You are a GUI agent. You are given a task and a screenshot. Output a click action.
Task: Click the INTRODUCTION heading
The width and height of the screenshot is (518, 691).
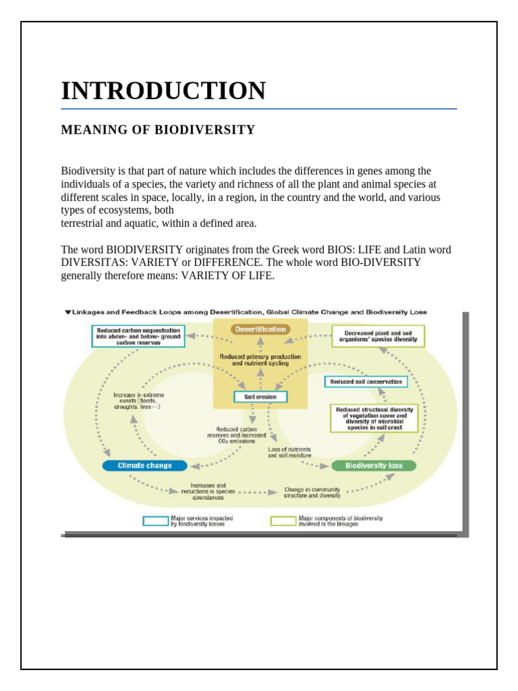(163, 90)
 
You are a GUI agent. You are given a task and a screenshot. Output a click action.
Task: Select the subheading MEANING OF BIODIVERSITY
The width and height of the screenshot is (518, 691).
(158, 130)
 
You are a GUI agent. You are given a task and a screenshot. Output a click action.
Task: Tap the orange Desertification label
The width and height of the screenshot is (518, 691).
(260, 329)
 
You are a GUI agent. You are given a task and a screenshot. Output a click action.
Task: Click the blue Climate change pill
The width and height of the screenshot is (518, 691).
(144, 465)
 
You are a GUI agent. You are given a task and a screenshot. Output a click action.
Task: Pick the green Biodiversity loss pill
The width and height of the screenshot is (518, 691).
(374, 465)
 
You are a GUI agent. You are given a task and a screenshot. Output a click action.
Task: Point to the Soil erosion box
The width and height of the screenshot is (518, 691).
(260, 397)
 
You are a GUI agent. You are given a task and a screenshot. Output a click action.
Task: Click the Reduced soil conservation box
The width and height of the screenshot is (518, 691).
(366, 381)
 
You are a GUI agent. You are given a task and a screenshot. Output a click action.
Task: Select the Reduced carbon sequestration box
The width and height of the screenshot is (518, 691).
(138, 336)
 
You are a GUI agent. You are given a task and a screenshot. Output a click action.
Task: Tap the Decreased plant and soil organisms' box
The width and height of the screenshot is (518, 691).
(379, 336)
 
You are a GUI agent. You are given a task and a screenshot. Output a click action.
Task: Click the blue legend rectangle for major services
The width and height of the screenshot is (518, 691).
(155, 521)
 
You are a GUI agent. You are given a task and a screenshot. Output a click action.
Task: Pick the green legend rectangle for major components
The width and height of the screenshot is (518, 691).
(283, 521)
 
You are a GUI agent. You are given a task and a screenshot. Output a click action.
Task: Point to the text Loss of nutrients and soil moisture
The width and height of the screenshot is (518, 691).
(289, 452)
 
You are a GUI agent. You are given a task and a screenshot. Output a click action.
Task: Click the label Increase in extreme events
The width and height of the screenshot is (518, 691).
(138, 401)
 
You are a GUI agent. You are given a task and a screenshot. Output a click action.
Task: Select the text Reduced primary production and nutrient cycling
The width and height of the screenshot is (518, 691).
(260, 359)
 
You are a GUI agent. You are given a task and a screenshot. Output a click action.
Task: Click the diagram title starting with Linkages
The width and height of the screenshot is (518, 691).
(248, 312)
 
